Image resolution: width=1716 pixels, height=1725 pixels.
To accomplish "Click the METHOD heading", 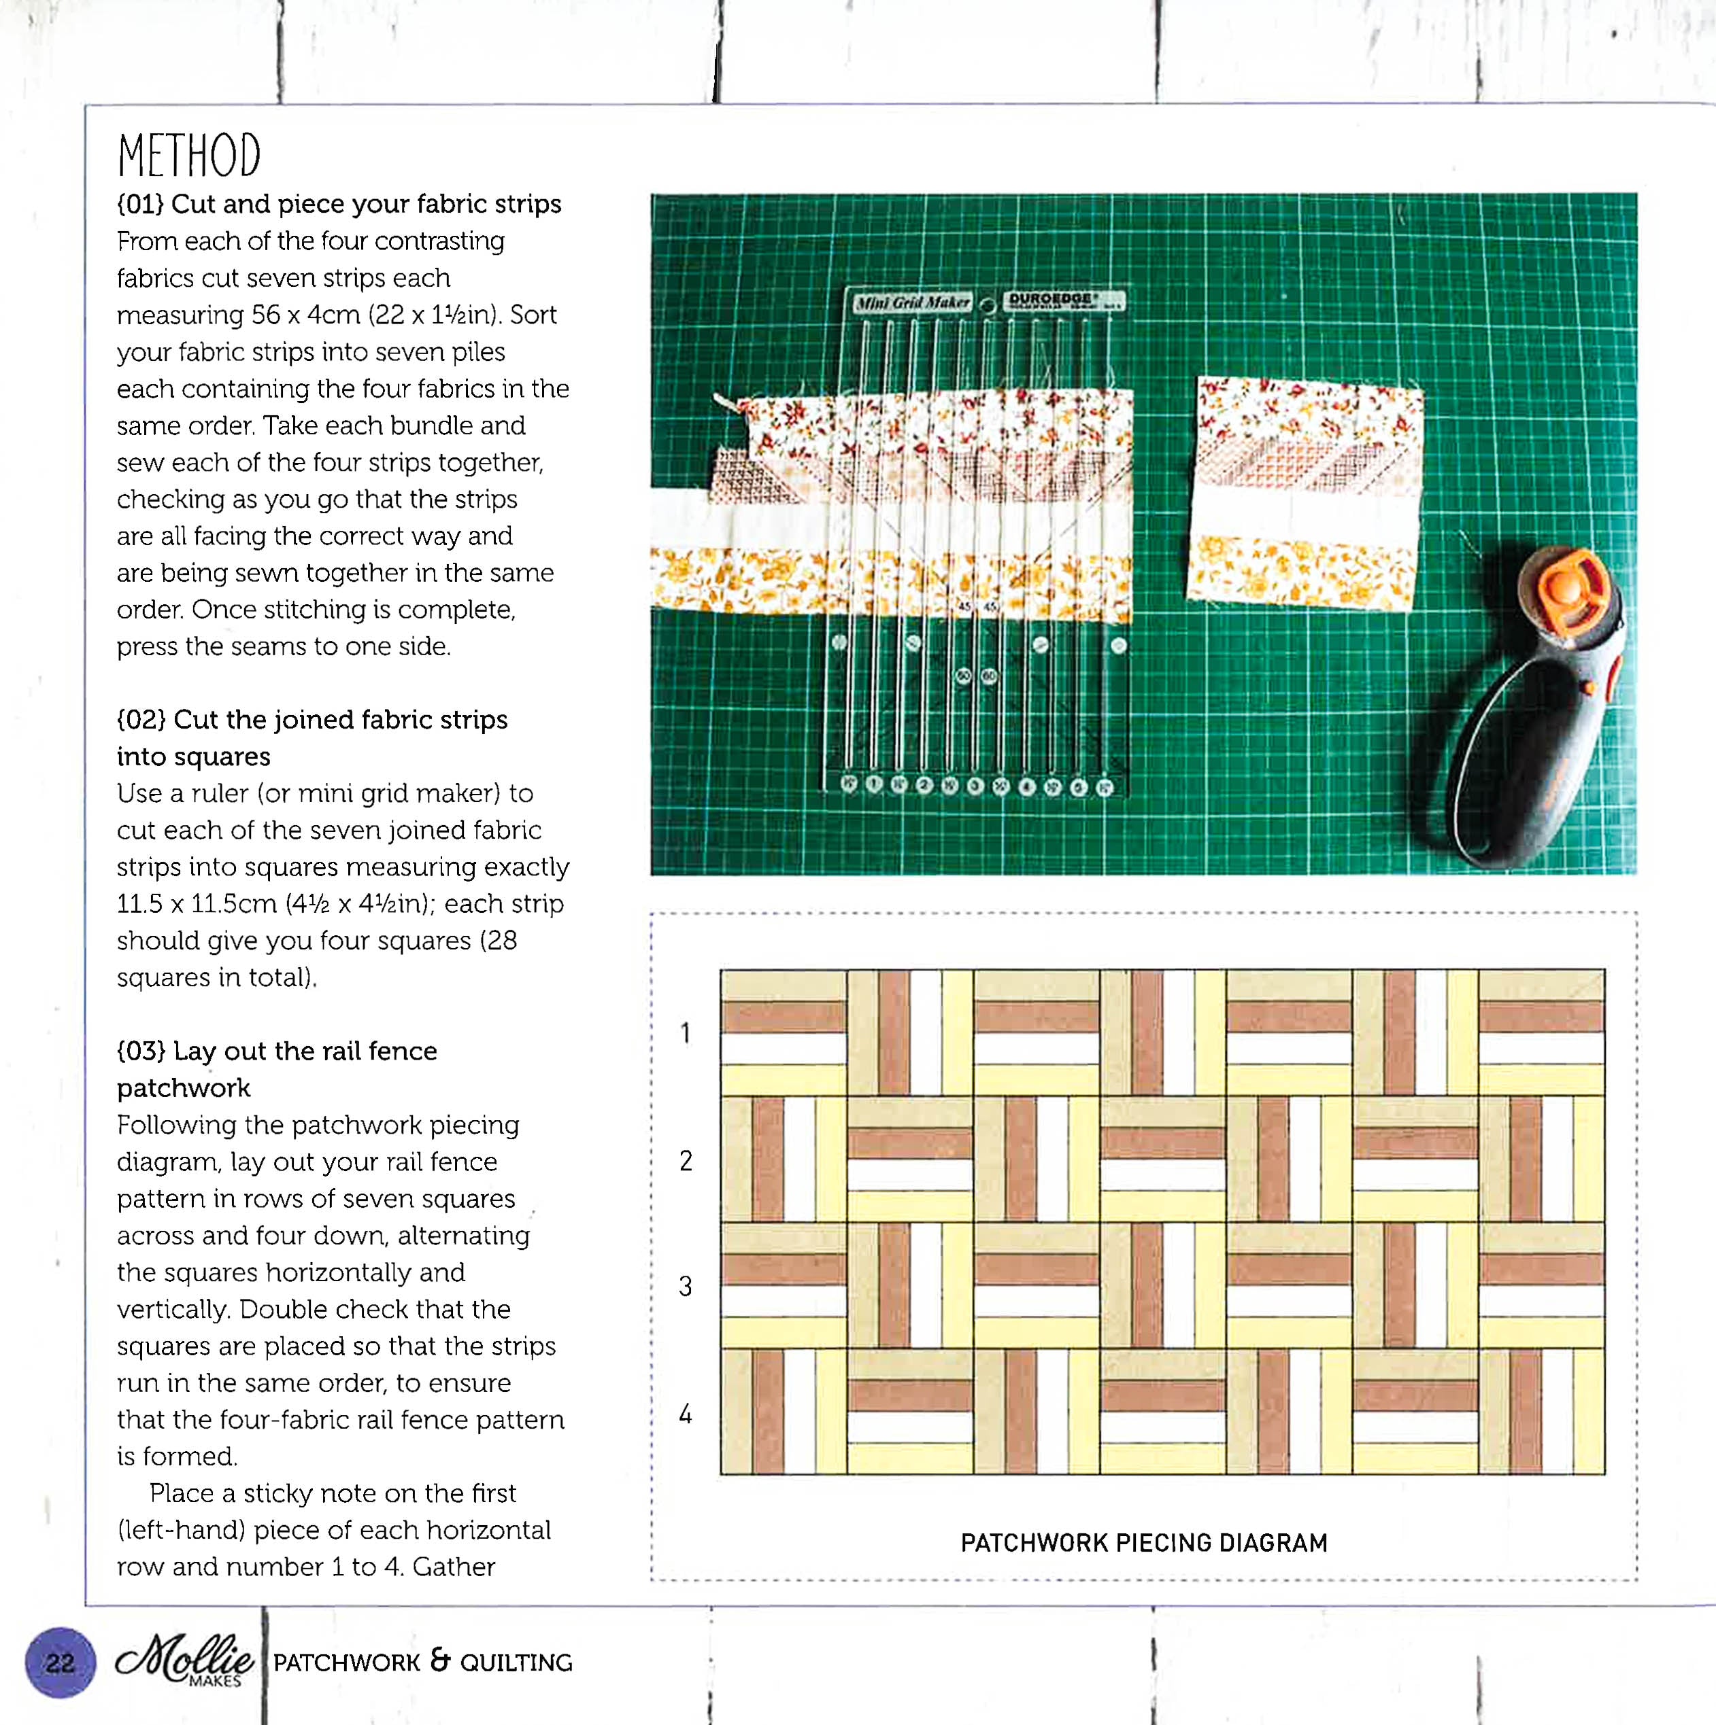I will click(x=188, y=156).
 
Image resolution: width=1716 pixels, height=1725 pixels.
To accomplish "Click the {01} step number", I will click(x=140, y=205).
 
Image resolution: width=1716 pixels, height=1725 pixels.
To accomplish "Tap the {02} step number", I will click(x=141, y=720).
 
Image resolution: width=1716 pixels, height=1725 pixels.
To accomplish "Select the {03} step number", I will click(x=141, y=1051).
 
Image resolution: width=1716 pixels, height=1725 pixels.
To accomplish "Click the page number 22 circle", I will click(x=60, y=1662).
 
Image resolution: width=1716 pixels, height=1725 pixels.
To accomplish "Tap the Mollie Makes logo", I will click(x=185, y=1660).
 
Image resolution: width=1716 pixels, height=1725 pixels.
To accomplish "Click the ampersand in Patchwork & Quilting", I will click(x=439, y=1660).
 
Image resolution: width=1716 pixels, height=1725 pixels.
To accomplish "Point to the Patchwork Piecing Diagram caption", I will click(x=1143, y=1543).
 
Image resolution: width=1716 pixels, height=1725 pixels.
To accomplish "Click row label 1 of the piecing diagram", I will click(x=685, y=1033).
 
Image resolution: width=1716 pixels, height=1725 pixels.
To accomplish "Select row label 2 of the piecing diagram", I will click(x=685, y=1161).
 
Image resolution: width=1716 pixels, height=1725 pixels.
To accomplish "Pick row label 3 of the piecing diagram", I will click(x=685, y=1287).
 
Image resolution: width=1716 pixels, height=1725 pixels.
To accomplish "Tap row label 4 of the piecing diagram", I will click(x=685, y=1414).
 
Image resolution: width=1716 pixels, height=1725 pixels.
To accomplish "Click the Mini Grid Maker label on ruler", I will click(x=912, y=302).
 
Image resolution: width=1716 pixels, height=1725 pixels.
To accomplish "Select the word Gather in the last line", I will click(x=454, y=1566).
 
